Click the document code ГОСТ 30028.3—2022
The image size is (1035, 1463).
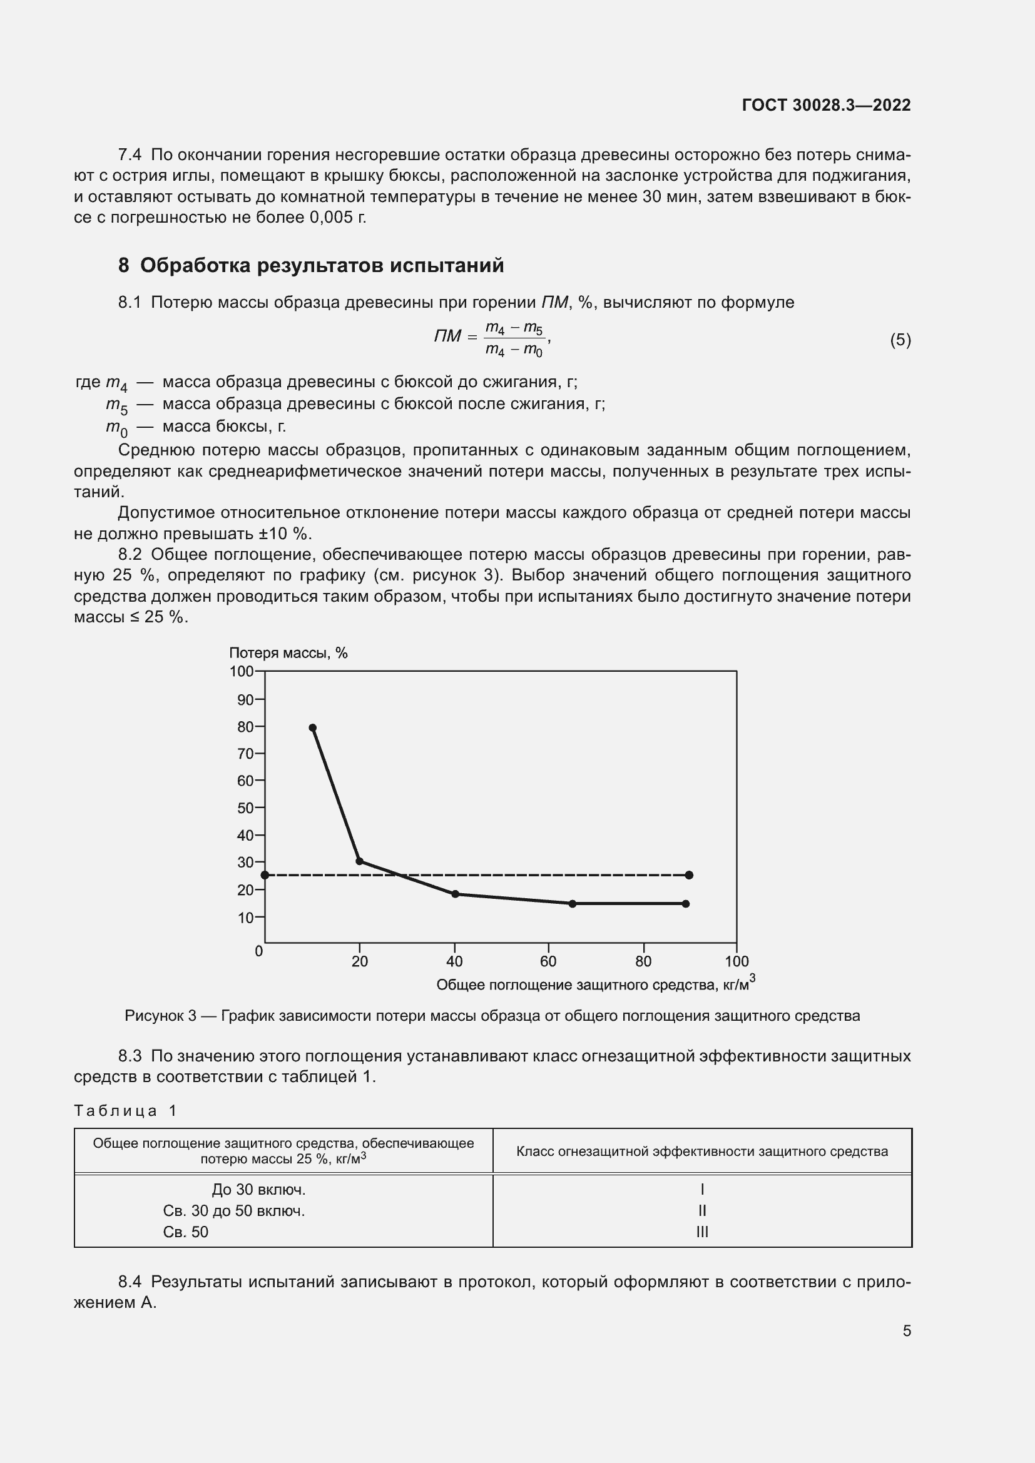(826, 105)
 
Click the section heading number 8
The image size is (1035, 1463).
(124, 266)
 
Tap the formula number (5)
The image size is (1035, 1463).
(900, 340)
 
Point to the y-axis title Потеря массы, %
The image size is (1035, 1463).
(288, 652)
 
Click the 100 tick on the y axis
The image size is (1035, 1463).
(242, 671)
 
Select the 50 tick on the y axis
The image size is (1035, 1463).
(245, 808)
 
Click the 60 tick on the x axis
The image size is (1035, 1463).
(548, 961)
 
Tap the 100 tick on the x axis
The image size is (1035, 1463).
(737, 961)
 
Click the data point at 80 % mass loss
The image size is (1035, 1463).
(312, 727)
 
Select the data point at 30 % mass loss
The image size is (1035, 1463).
(359, 861)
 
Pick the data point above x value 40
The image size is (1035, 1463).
(455, 894)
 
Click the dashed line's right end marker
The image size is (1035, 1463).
(689, 875)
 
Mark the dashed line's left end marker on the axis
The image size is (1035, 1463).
(265, 875)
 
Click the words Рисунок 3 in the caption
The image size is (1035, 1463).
(160, 1016)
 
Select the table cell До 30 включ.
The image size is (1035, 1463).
(259, 1190)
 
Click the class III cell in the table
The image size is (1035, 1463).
(701, 1232)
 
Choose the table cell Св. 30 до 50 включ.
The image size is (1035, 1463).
(234, 1211)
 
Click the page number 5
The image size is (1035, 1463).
(906, 1330)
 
